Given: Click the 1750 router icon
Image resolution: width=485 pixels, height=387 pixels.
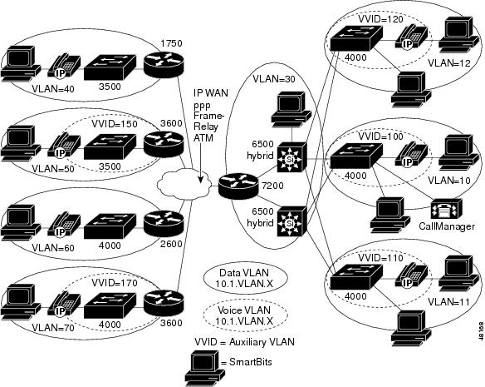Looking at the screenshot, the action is point(164,64).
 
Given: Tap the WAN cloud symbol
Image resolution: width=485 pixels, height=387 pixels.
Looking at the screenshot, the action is point(184,185).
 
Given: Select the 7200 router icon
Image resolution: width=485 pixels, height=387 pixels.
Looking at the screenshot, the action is point(238,186).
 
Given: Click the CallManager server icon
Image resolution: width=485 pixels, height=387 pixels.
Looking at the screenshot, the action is point(446,209).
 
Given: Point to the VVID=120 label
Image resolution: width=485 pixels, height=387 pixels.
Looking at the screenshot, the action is point(380,19).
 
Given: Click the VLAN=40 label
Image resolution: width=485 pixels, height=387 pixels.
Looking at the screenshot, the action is point(53,89).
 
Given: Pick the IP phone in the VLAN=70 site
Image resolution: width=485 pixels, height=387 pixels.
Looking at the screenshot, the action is point(64,305).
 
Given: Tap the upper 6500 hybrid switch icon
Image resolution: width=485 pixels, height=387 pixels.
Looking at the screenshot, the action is point(291,157).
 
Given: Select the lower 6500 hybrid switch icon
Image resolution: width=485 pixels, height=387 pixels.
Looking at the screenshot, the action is point(291,221).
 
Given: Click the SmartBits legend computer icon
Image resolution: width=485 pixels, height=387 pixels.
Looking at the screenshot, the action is point(205,368).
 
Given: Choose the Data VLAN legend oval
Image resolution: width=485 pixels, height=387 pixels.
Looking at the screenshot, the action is point(245,278).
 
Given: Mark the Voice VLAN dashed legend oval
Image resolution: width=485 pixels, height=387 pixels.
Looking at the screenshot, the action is point(245,315).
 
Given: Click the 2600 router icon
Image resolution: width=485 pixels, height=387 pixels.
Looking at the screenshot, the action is point(164,223).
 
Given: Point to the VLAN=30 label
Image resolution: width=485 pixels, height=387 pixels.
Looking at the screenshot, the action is point(274,79).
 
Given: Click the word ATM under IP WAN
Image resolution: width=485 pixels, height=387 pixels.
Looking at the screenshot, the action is point(203,137).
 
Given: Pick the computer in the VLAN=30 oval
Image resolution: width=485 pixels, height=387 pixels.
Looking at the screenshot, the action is point(291,108).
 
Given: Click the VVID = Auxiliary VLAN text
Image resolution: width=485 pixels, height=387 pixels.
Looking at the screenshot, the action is point(244,342).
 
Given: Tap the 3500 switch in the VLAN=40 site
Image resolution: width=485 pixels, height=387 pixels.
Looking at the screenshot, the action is point(110,67).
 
